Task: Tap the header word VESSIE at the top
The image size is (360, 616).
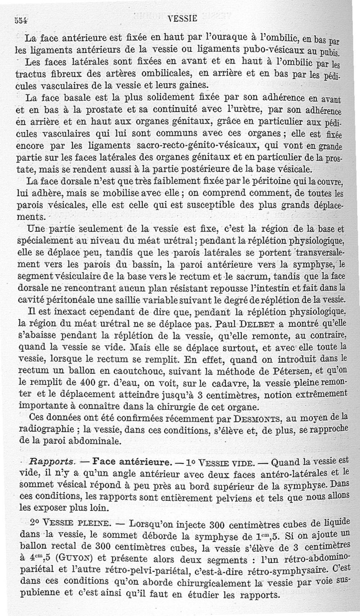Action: click(182, 19)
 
